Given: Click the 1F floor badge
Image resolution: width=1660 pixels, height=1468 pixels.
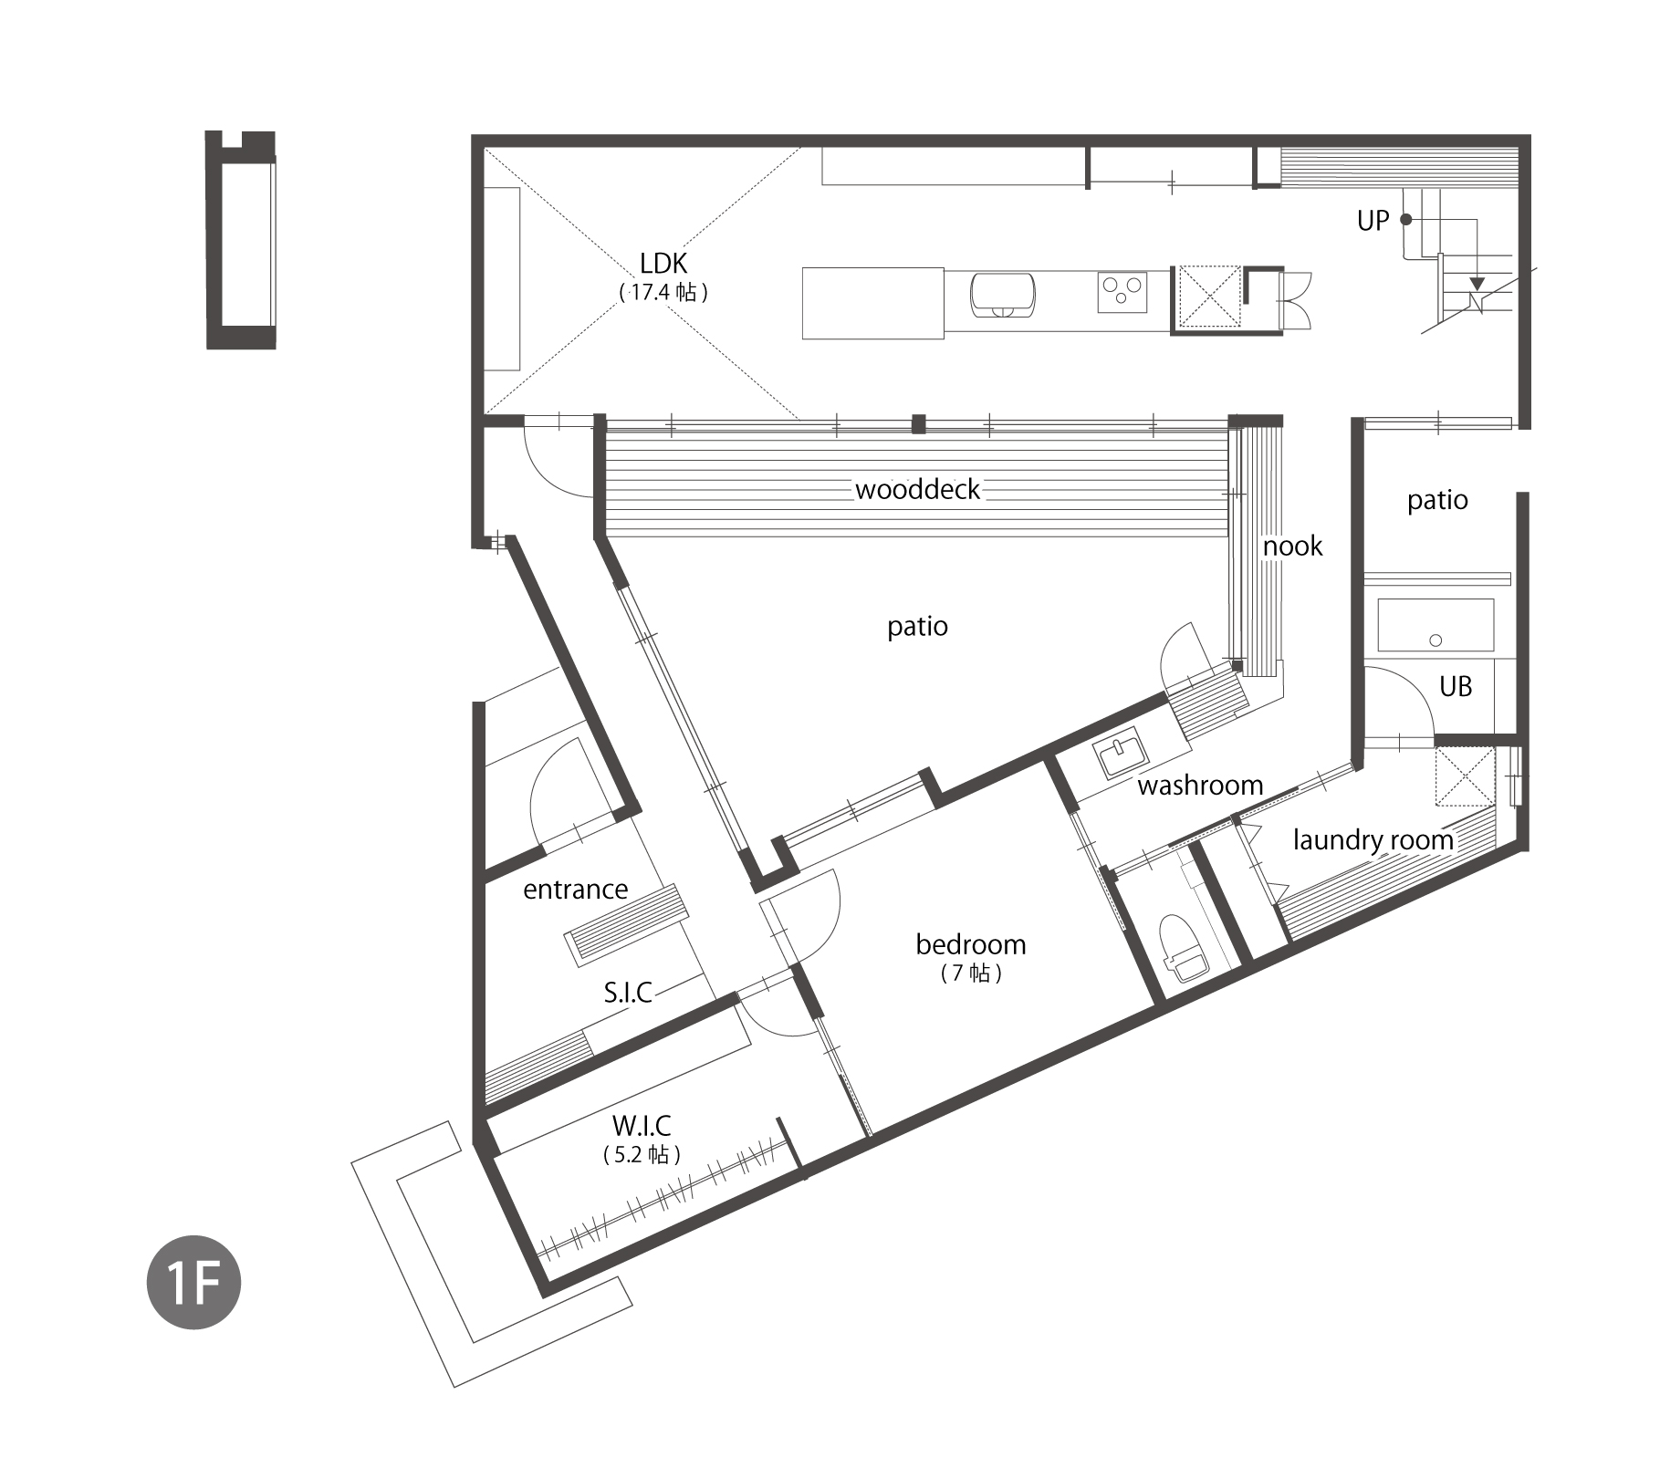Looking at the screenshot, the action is coord(193,1282).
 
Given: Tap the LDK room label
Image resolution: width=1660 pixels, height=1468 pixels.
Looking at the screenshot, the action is coord(663,264).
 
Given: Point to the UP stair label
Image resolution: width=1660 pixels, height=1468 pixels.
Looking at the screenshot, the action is coord(1373,221).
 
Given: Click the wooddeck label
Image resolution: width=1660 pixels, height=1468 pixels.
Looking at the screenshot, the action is coord(917,489).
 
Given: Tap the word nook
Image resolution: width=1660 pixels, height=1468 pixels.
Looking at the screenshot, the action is coord(1292,546).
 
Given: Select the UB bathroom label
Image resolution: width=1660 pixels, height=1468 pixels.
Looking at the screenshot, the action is coord(1456,686).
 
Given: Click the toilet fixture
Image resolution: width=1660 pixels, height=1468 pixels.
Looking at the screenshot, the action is coord(1184,948).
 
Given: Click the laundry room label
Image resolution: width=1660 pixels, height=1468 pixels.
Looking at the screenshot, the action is coord(1373,840).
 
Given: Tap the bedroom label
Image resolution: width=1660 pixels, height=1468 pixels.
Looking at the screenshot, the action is coord(971,944).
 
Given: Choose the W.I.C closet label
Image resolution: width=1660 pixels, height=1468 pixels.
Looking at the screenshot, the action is coord(642,1126).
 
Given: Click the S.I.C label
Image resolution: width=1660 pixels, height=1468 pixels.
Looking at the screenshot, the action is coord(628,993).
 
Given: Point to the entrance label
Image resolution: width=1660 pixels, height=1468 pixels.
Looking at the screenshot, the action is coord(575,890).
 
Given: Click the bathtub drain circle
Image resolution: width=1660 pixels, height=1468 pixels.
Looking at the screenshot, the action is coord(1436,640).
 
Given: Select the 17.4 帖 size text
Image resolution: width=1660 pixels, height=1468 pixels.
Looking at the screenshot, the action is coord(663,292).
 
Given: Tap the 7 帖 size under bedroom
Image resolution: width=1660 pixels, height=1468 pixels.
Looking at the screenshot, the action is coord(971,973).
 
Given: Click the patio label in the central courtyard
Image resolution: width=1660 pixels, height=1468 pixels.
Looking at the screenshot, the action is coord(917,627).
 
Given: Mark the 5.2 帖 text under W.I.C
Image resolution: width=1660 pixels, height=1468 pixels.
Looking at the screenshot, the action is coord(642,1155).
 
